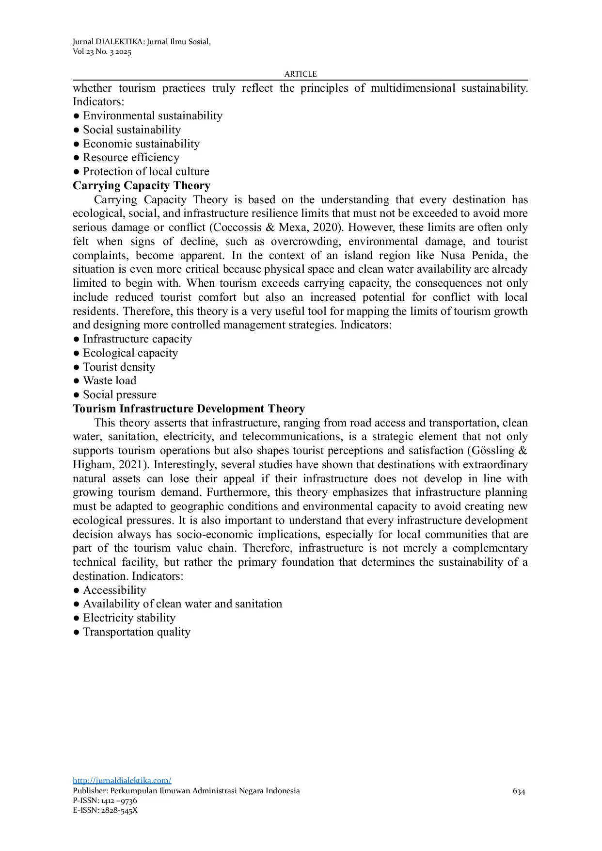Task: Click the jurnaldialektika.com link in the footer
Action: tap(122, 781)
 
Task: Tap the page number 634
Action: tap(519, 791)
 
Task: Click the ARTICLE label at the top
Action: tap(301, 74)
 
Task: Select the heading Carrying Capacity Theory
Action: tap(142, 186)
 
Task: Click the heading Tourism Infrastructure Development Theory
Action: tap(189, 409)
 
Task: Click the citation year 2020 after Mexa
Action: tap(326, 228)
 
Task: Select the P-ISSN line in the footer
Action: tap(105, 801)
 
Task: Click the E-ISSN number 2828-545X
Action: tap(119, 810)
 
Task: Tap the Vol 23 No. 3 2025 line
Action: tap(102, 52)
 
